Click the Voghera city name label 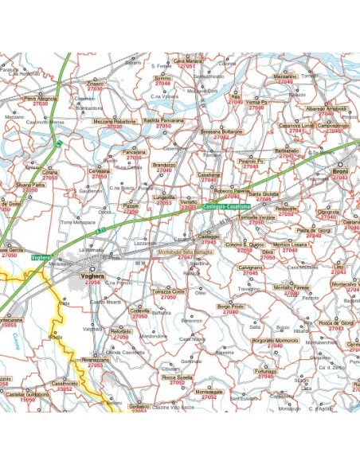coord(92,275)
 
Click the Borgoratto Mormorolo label coord(252,341)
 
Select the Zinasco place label coord(95,83)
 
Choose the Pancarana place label coord(134,151)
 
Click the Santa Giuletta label coord(263,193)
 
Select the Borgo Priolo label coord(230,307)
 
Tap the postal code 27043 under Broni coord(340,178)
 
